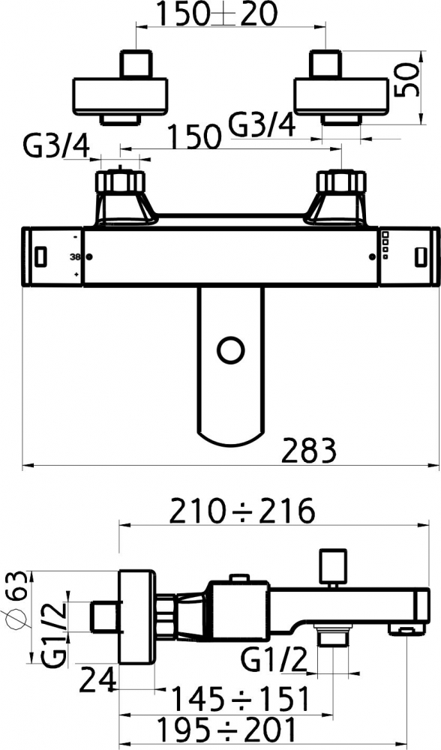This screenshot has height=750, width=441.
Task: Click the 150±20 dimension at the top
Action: [217, 14]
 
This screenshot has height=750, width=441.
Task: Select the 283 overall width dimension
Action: [308, 451]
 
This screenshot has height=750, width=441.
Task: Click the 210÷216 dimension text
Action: [242, 511]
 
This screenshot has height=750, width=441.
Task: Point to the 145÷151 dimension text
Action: [240, 699]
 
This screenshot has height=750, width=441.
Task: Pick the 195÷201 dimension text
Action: [226, 730]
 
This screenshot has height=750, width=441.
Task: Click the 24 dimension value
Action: [97, 680]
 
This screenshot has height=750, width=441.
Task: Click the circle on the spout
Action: [231, 350]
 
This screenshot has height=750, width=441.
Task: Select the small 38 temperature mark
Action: [75, 256]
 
